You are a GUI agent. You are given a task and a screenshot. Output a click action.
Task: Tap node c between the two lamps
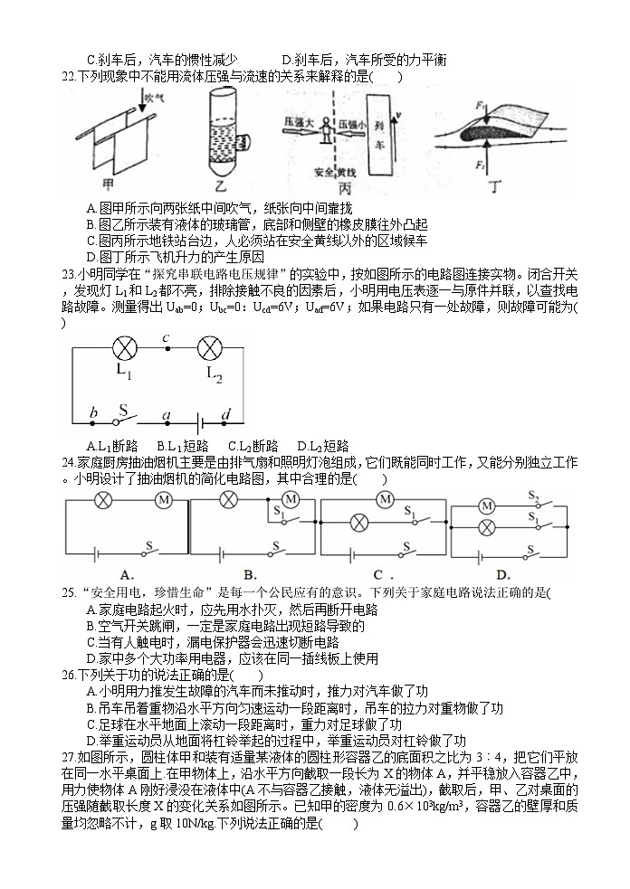point(167,340)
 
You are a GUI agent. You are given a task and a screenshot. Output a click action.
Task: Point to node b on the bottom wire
point(93,412)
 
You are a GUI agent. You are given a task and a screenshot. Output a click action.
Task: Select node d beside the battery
point(226,413)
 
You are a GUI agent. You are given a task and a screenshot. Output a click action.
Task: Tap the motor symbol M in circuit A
point(164,500)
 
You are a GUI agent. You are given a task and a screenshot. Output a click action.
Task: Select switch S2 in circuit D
point(533,497)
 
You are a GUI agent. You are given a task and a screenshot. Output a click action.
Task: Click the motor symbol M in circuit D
point(487,506)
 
